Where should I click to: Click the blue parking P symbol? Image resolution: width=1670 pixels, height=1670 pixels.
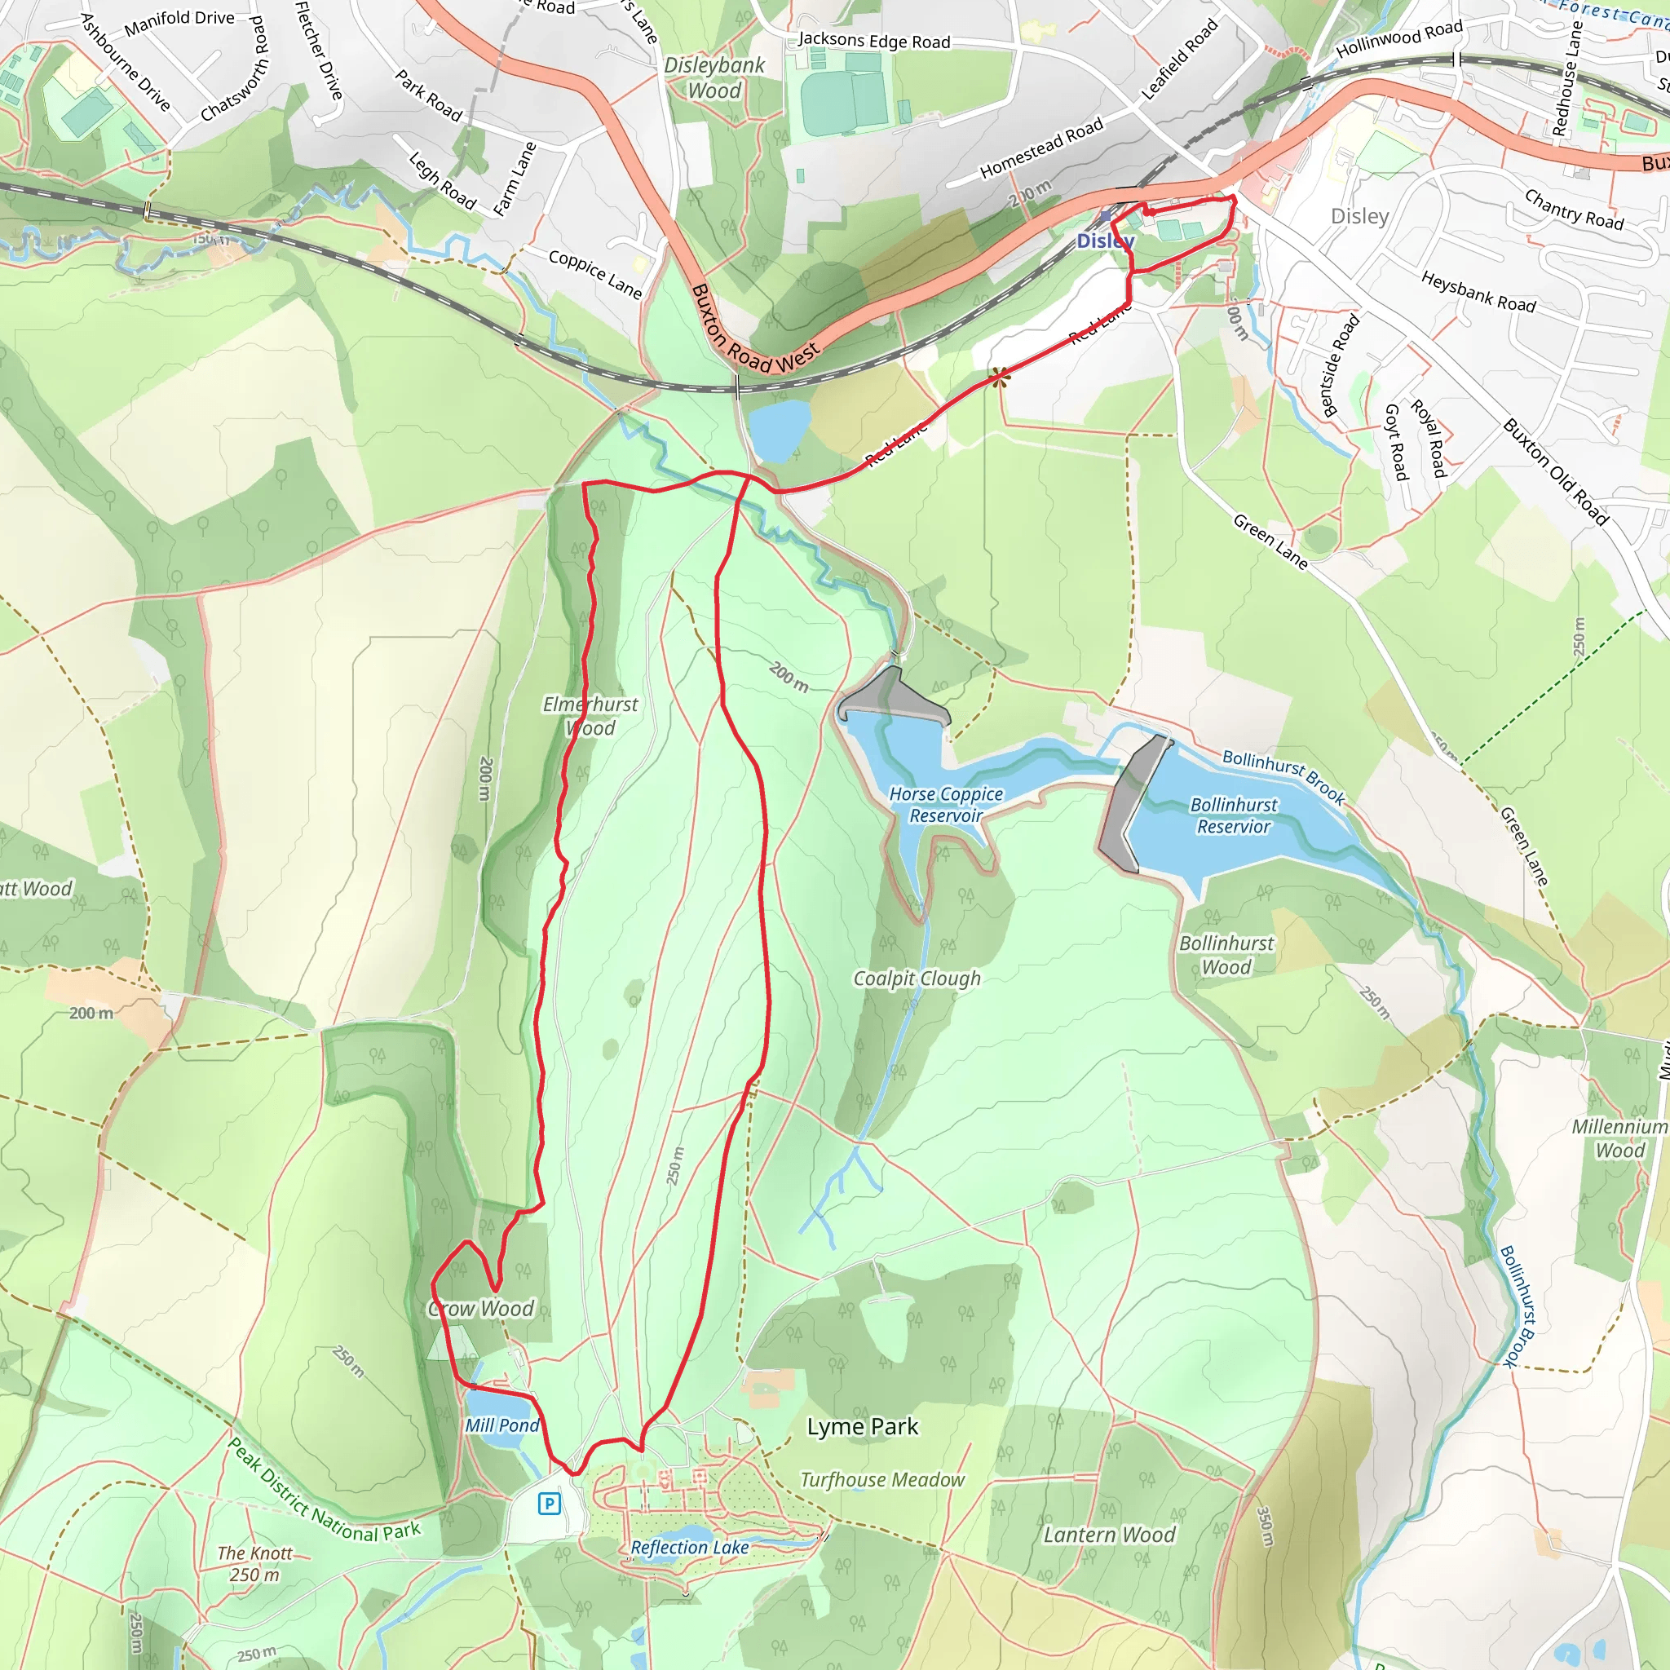[x=549, y=1503]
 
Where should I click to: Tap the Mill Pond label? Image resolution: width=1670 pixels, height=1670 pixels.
[x=501, y=1425]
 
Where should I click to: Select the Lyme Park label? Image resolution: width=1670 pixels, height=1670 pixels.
[x=862, y=1426]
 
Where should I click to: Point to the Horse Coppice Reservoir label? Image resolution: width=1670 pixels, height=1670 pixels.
[x=946, y=804]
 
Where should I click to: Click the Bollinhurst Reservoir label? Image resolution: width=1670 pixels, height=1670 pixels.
[x=1234, y=815]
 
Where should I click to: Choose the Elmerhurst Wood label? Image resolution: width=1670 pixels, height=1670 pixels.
[x=590, y=716]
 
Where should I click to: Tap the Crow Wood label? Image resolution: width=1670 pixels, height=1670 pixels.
[x=481, y=1308]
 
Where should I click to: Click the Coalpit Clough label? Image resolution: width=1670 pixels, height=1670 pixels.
[x=917, y=978]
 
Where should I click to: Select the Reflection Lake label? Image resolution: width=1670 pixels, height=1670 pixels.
[x=689, y=1547]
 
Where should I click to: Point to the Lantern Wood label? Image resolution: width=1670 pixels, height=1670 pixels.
[x=1109, y=1535]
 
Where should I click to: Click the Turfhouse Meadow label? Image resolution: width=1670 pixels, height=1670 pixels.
[x=881, y=1479]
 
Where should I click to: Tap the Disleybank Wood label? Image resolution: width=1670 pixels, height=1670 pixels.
[x=714, y=77]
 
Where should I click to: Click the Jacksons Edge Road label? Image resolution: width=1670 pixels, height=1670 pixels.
[x=873, y=41]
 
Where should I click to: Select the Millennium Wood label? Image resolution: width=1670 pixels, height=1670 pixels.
[x=1619, y=1138]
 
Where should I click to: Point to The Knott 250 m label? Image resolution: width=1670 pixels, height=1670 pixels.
[x=255, y=1564]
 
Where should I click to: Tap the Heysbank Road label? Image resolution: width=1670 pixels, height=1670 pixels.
[x=1478, y=291]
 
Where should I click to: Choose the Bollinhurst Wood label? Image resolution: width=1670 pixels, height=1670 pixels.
[x=1226, y=954]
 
